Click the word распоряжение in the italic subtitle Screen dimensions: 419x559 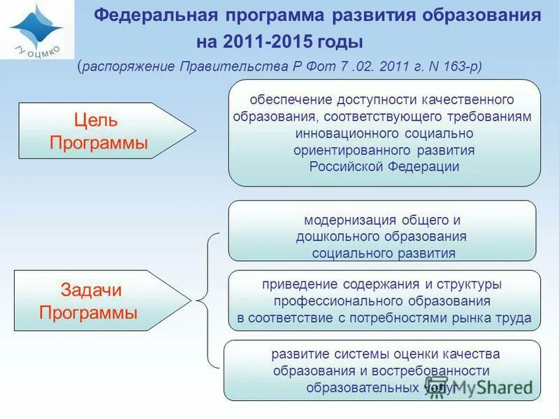coord(128,66)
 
